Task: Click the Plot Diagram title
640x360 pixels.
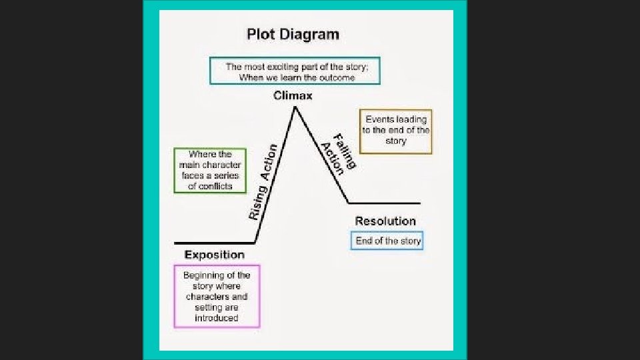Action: click(293, 34)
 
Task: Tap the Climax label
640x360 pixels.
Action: click(293, 96)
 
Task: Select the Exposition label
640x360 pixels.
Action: click(214, 255)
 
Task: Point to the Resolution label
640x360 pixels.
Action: click(385, 221)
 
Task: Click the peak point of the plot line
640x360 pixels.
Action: click(294, 107)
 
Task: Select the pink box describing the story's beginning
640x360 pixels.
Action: click(217, 296)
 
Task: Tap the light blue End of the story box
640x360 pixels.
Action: click(387, 241)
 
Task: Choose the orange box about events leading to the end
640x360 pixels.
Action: click(396, 131)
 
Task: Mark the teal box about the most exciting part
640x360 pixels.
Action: click(295, 71)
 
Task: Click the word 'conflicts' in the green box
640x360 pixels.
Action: click(211, 187)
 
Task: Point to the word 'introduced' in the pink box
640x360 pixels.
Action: click(216, 318)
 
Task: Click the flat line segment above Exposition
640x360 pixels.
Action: click(213, 243)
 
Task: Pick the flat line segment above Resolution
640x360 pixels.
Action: click(385, 203)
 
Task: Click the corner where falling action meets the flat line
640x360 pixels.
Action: click(349, 203)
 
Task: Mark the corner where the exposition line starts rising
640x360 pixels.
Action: click(255, 243)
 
